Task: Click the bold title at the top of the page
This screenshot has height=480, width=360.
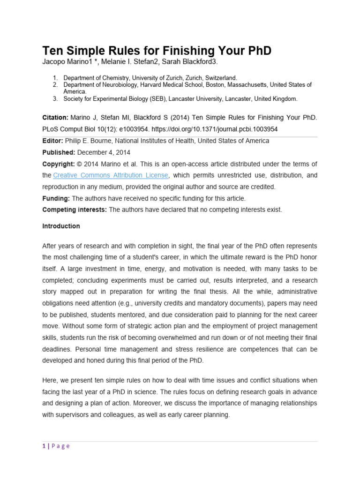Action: tap(157, 50)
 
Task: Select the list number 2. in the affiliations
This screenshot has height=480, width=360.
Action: tap(55, 85)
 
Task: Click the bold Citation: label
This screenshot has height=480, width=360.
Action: tap(56, 117)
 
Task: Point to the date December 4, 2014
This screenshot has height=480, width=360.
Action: tap(104, 152)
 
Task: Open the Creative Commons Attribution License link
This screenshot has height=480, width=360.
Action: tap(110, 175)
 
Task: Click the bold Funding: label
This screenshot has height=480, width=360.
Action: tap(56, 198)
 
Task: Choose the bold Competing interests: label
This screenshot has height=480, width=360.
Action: tap(75, 210)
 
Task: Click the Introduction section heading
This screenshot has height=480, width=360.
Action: tap(61, 226)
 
